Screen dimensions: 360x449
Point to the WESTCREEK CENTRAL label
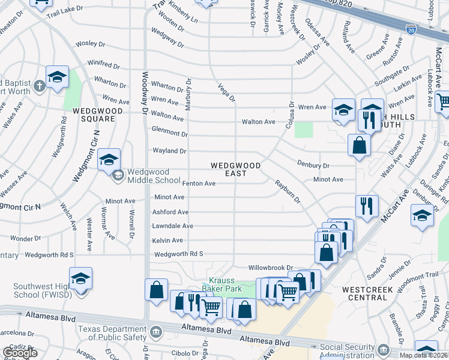pos(373,293)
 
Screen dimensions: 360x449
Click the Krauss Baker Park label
pos(225,285)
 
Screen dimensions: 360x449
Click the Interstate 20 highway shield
pos(411,29)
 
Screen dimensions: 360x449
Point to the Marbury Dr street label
pos(188,94)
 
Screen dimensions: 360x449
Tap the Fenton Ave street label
pos(199,184)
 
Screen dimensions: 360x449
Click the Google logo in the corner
pos(20,353)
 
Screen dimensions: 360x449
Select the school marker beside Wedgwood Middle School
pos(109,160)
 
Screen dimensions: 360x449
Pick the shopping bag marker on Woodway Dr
pos(156,289)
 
